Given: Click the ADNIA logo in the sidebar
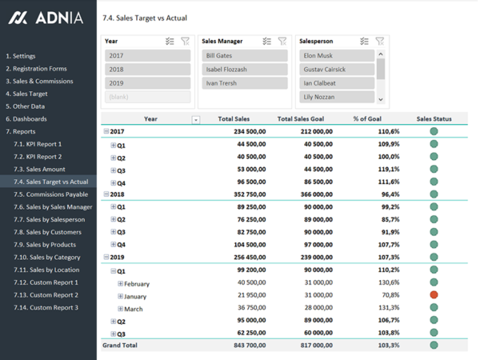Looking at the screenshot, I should click(46, 18).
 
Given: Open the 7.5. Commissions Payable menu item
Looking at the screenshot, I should click(57, 194).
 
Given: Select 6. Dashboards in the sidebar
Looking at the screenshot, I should click(26, 119).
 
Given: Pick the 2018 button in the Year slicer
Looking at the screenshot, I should click(147, 70).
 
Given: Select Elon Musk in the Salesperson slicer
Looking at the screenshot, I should click(337, 56).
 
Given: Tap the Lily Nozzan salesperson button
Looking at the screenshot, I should click(337, 97).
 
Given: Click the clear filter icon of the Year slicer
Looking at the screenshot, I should click(186, 41).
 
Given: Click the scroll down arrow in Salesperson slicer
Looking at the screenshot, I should click(381, 99).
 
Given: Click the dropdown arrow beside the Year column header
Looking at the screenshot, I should click(196, 120).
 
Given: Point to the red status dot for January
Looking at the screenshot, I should click(434, 295).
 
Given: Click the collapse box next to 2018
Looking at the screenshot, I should click(106, 194).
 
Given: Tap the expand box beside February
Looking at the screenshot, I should click(121, 283).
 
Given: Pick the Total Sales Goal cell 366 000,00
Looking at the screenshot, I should click(311, 194).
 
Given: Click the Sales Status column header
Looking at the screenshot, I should click(434, 119).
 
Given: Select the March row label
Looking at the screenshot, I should click(134, 309).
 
